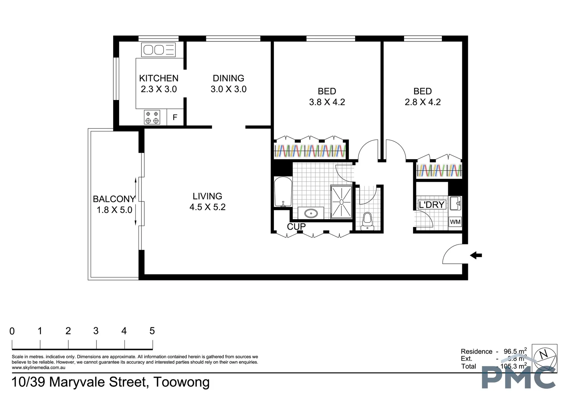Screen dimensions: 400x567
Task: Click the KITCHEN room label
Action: (158, 78)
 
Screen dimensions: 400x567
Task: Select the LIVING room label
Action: (207, 196)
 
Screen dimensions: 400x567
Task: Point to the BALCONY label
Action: (114, 199)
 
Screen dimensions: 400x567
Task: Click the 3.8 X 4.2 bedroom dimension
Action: (327, 102)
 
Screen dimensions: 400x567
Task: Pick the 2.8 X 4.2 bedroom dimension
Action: (423, 102)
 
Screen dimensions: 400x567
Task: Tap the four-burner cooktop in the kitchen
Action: (152, 117)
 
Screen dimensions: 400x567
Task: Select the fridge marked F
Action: (175, 118)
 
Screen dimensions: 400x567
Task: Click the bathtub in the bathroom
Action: (283, 192)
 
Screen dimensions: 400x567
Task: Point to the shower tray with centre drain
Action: (341, 202)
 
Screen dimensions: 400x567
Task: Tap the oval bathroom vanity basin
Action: (310, 213)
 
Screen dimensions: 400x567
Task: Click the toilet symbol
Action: (367, 220)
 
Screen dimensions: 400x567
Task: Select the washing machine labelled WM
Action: (455, 222)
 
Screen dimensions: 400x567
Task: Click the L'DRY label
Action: (431, 205)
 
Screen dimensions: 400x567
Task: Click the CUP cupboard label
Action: (296, 226)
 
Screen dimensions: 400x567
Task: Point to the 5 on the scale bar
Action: (152, 331)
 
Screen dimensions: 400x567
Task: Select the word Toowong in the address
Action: (182, 382)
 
